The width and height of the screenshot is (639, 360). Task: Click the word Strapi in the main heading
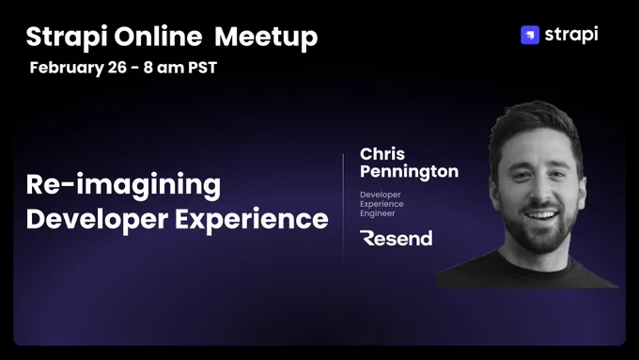(67, 37)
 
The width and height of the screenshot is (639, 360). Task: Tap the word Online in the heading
(158, 37)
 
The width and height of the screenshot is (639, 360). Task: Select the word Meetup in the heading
(266, 38)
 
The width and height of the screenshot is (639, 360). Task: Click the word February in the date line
(67, 68)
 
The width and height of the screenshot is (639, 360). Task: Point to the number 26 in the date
(117, 68)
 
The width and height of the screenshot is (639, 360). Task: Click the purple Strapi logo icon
(530, 35)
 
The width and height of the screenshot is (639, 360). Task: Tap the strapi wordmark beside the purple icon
(571, 35)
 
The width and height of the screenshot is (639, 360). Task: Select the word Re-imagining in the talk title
(123, 186)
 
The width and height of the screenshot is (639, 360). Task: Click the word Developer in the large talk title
(97, 220)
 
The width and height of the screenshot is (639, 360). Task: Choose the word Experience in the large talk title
(252, 220)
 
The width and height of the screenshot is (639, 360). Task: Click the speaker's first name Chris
(382, 154)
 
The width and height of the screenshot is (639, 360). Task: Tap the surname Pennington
(409, 172)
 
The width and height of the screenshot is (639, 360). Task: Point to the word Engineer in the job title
(378, 213)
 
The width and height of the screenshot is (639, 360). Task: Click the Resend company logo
(397, 238)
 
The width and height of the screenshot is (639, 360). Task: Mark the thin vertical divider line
(343, 208)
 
